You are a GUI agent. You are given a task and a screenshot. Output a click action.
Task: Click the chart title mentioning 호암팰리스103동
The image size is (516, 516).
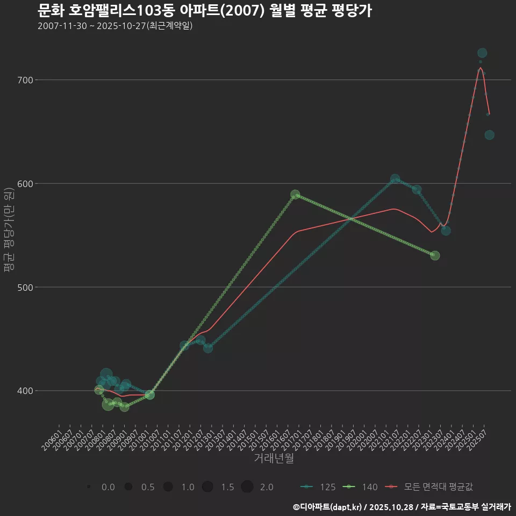pyautogui.click(x=205, y=11)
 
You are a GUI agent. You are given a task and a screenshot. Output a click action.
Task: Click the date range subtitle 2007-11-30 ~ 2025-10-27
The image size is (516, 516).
pyautogui.click(x=115, y=26)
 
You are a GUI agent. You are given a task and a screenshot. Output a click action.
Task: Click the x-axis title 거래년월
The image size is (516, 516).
pyautogui.click(x=274, y=458)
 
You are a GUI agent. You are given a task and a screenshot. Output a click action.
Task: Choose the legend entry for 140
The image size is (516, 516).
pyautogui.click(x=360, y=487)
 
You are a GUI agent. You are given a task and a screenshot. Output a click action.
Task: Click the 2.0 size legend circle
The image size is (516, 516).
pyautogui.click(x=247, y=487)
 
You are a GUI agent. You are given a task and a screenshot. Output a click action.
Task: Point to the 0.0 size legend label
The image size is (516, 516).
pyautogui.click(x=108, y=487)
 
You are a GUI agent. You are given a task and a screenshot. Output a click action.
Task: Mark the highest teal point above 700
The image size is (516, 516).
pyautogui.click(x=482, y=53)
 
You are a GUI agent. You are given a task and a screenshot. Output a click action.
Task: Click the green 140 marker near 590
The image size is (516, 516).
pyautogui.click(x=295, y=195)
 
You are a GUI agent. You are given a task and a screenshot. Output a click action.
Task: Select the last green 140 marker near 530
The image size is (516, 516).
pyautogui.click(x=435, y=255)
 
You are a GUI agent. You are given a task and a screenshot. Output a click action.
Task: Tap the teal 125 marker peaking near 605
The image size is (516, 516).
pyautogui.click(x=395, y=179)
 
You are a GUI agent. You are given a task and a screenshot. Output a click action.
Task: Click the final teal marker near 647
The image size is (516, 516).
pyautogui.click(x=489, y=135)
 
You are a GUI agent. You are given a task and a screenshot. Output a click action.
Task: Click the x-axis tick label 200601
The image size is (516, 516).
pyautogui.click(x=52, y=441)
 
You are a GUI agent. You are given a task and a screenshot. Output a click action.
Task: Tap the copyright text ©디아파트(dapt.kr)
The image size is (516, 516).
pyautogui.click(x=328, y=507)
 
